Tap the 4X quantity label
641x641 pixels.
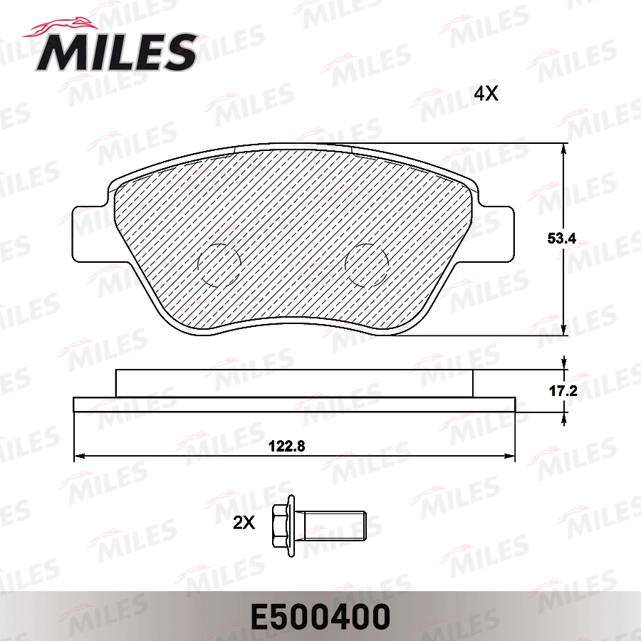(x=486, y=93)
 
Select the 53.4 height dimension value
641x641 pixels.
(x=561, y=241)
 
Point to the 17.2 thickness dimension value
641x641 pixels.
(x=561, y=391)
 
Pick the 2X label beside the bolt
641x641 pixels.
(x=244, y=523)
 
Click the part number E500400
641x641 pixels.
(x=320, y=616)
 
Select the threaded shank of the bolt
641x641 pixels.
(x=335, y=524)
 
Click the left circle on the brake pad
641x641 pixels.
(x=219, y=264)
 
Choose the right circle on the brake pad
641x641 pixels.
(x=367, y=264)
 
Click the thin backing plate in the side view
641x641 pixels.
(x=293, y=405)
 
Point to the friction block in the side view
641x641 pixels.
(x=293, y=383)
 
